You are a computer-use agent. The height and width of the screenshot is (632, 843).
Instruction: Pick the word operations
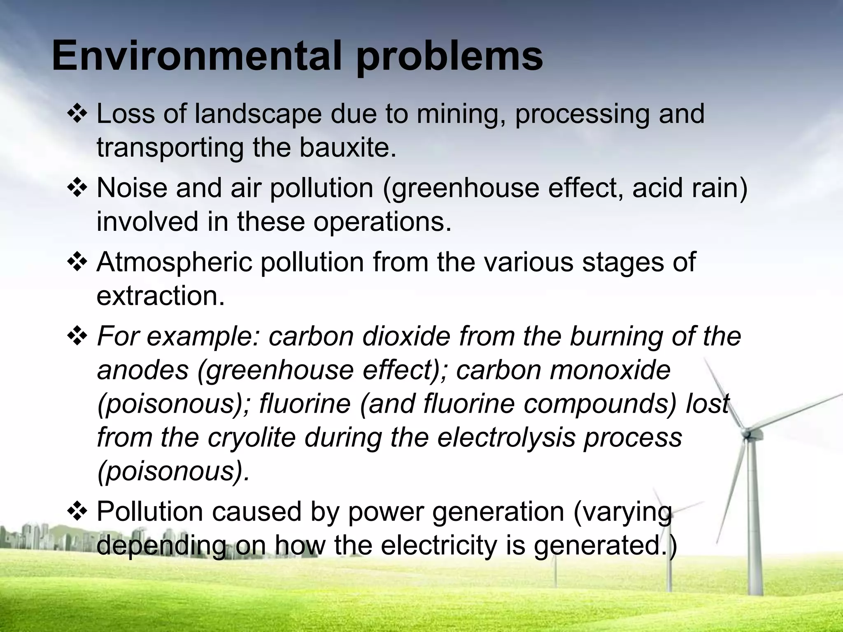tap(382, 221)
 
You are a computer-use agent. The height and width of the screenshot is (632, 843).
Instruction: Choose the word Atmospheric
tap(174, 263)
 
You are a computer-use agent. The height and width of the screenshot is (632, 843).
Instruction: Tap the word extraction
tap(161, 295)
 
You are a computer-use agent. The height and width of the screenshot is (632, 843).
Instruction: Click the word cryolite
tap(252, 437)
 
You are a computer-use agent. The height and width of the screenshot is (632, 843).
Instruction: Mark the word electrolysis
tap(506, 437)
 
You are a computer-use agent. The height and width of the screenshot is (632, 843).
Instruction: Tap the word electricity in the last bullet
tap(439, 546)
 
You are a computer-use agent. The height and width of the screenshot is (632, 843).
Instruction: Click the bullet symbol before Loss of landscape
tap(77, 115)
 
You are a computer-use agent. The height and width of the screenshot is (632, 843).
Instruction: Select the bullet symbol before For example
tap(77, 337)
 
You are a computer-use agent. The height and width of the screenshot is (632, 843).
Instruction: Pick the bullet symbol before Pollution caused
tap(77, 512)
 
